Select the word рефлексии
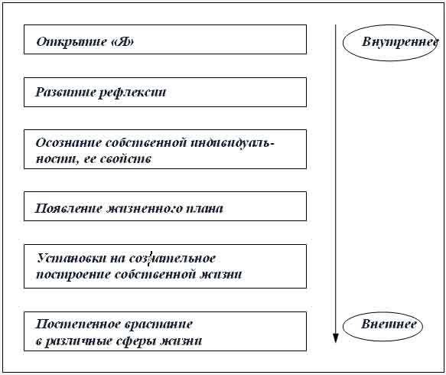(132, 93)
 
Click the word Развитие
(65, 92)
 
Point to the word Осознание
(69, 142)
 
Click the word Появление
(68, 209)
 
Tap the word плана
(204, 209)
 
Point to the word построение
(73, 276)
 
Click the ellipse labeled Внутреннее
(343, 43)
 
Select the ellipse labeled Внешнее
(343, 327)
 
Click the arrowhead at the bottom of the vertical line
(336, 338)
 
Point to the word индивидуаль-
(233, 142)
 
